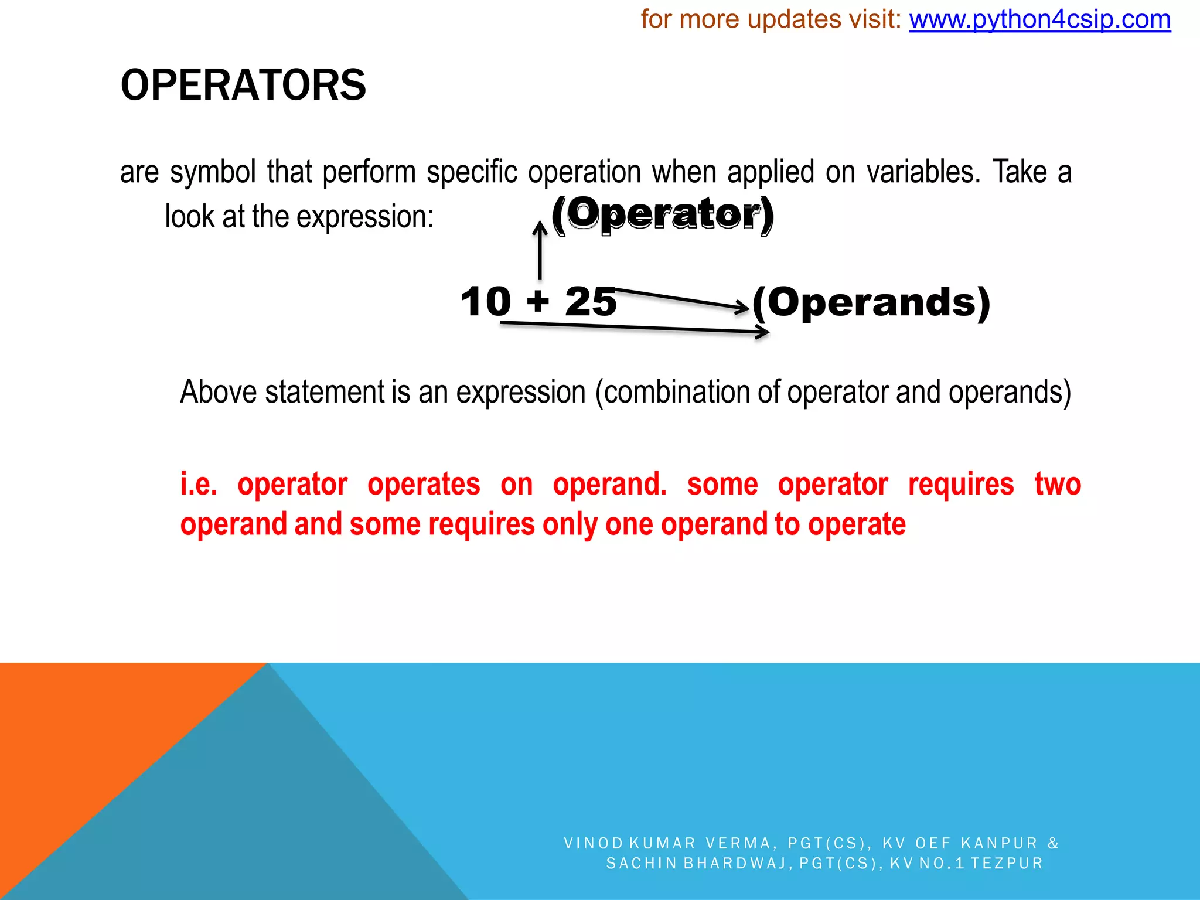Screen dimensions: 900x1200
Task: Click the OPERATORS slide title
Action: (243, 86)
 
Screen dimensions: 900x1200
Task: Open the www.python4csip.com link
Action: (1039, 20)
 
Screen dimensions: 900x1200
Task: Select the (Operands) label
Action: (871, 302)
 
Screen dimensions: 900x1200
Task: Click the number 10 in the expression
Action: (486, 302)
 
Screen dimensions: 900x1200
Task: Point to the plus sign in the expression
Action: (538, 302)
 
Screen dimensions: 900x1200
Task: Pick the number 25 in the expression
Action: (591, 302)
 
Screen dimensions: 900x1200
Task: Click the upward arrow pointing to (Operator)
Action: (540, 251)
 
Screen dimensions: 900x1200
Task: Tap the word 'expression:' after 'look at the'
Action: (365, 217)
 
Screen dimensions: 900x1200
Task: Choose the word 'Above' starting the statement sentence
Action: (218, 392)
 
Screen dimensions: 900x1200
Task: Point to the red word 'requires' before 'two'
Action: (961, 485)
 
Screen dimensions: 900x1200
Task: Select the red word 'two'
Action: (1058, 485)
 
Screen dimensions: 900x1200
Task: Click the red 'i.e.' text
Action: (199, 485)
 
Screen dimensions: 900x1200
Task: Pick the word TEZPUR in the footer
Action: (1007, 863)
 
